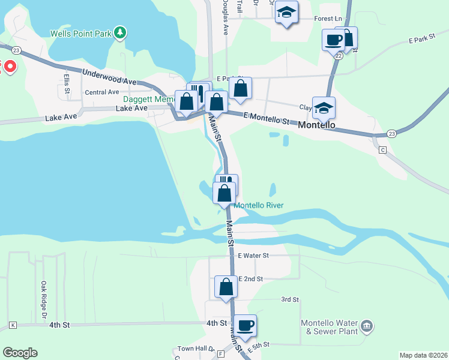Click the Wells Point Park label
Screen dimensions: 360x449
click(x=81, y=34)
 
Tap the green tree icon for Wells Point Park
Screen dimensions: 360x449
click(x=121, y=32)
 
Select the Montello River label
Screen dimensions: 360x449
click(x=258, y=205)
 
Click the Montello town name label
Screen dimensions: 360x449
click(x=316, y=127)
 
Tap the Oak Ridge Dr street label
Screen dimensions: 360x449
click(x=44, y=300)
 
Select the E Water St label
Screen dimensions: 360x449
click(x=253, y=255)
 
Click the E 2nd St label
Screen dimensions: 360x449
click(x=251, y=279)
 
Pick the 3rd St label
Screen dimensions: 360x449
click(x=290, y=299)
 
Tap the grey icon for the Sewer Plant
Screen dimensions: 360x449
click(x=367, y=326)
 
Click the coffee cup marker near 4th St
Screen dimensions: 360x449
click(x=245, y=325)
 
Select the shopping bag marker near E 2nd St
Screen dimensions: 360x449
click(x=226, y=286)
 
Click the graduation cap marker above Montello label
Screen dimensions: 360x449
click(x=324, y=107)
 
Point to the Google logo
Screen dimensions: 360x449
click(x=20, y=353)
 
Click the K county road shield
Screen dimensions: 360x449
click(x=13, y=325)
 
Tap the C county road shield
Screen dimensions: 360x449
click(x=382, y=149)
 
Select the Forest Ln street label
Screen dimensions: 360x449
click(x=328, y=19)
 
